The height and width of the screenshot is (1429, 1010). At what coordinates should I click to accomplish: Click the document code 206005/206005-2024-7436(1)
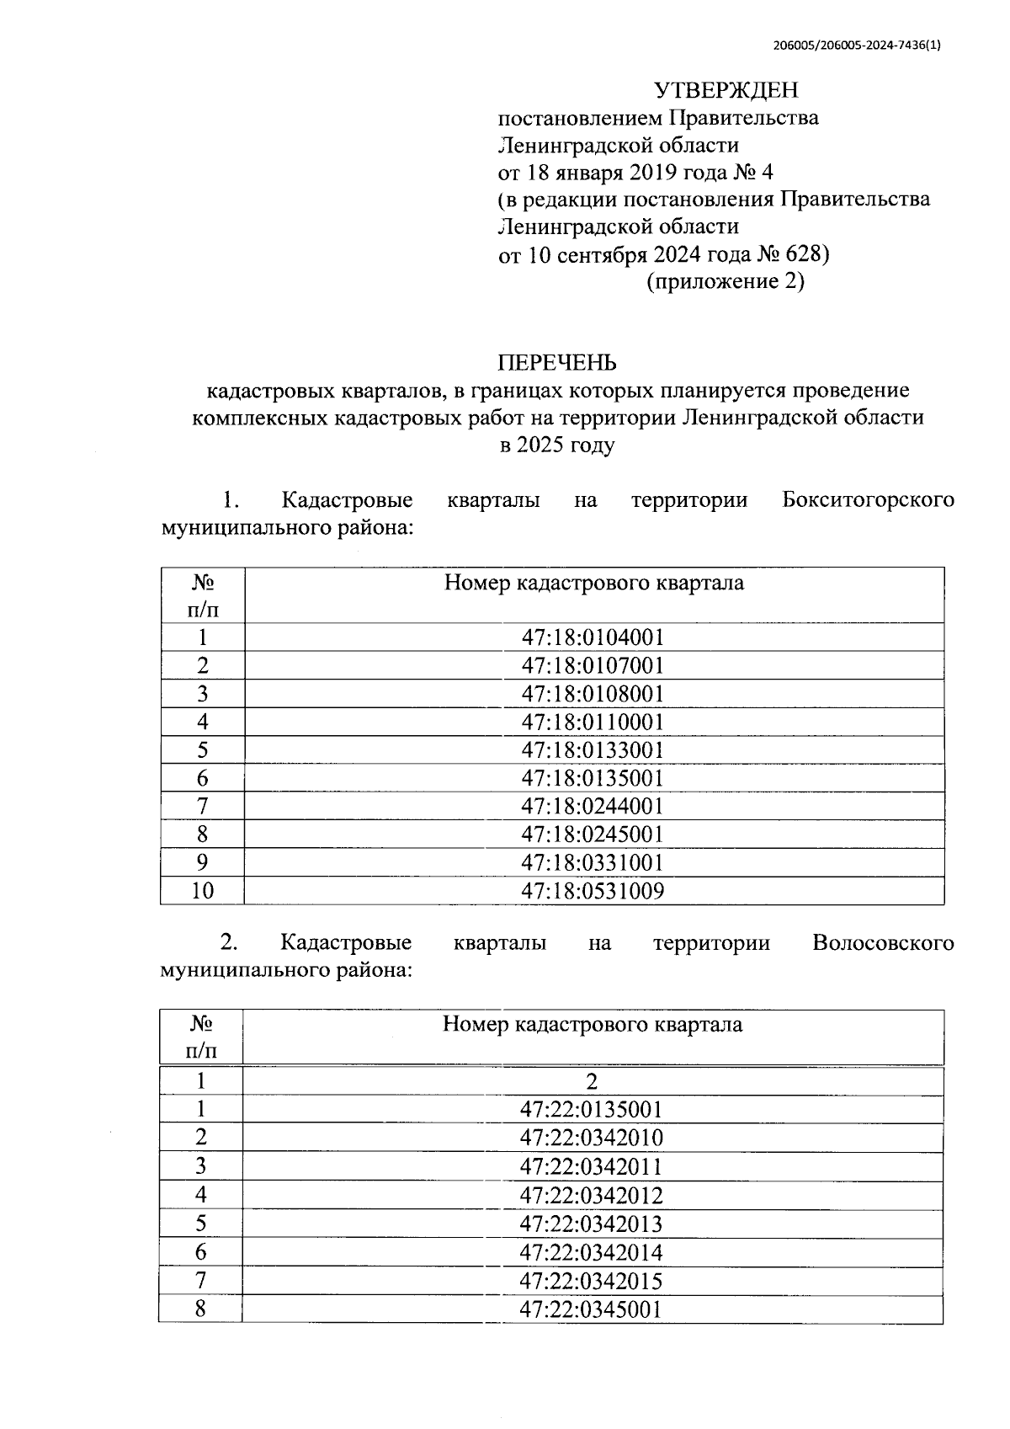[x=856, y=46]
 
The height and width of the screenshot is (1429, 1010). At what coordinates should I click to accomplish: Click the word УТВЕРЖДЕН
[x=726, y=89]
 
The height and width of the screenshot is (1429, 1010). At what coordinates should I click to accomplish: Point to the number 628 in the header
[x=805, y=254]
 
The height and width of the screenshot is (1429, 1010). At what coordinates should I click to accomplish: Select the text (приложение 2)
[x=725, y=281]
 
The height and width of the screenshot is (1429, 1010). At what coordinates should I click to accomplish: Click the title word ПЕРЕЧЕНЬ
[x=557, y=362]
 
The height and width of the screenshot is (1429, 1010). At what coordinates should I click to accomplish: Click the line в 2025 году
[x=557, y=445]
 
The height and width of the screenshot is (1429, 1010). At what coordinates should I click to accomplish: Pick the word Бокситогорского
[x=868, y=499]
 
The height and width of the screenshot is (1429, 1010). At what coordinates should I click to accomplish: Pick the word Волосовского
[x=883, y=942]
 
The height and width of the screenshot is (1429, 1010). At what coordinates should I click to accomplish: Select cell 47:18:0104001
[x=593, y=637]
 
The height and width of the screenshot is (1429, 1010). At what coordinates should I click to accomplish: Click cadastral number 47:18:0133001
[x=593, y=750]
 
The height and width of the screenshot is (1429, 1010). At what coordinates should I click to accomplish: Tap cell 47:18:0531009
[x=593, y=891]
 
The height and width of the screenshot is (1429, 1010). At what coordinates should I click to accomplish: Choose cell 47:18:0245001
[x=593, y=834]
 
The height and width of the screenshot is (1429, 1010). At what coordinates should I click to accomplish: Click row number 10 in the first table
[x=202, y=891]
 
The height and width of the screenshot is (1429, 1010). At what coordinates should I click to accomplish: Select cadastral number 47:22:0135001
[x=591, y=1110]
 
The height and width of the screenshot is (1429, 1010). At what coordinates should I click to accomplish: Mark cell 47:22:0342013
[x=591, y=1224]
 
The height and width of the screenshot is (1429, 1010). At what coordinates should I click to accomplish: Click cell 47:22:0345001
[x=591, y=1309]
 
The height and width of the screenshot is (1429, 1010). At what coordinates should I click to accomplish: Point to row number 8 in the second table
[x=200, y=1309]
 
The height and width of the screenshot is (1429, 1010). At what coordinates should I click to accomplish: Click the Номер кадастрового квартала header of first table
[x=593, y=583]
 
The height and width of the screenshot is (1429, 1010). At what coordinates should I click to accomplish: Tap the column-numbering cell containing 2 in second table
[x=592, y=1081]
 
